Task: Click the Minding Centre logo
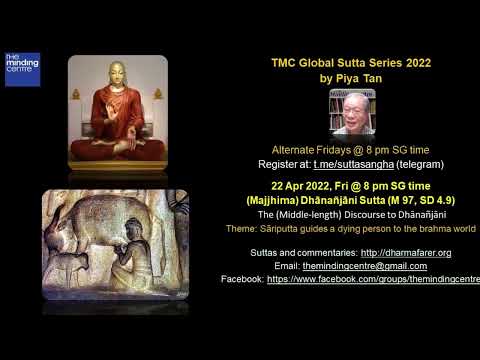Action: tap(21, 68)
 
